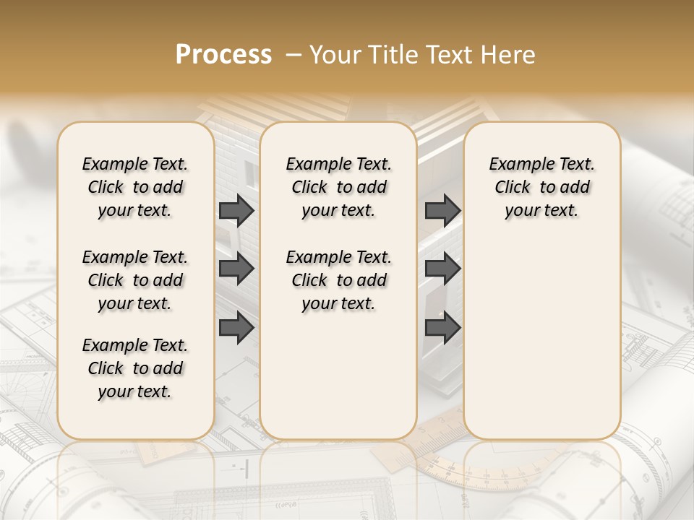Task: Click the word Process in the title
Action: pos(223,55)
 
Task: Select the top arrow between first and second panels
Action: pos(236,210)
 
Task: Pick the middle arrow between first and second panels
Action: pos(236,269)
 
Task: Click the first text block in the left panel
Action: pos(135,187)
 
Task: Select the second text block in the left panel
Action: pos(135,280)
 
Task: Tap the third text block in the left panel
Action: pos(135,368)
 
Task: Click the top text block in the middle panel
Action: pos(338,187)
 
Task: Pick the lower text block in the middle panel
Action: pos(338,280)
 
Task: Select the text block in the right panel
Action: pos(541,187)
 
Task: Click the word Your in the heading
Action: pos(335,55)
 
